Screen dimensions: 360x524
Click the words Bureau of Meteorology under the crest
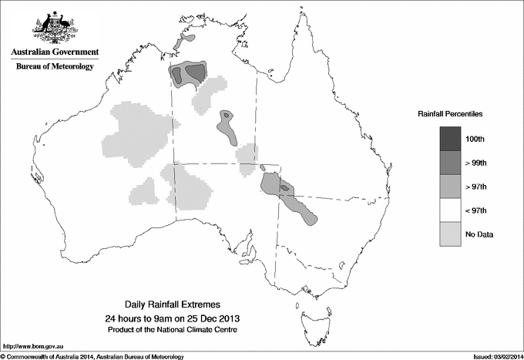(x=55, y=67)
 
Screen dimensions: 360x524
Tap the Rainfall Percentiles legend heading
(x=450, y=113)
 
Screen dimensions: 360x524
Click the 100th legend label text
(x=475, y=139)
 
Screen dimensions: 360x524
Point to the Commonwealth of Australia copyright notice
(x=92, y=355)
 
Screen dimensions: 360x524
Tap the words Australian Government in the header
(x=55, y=52)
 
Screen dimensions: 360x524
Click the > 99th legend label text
(x=475, y=163)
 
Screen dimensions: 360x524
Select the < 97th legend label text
(x=475, y=210)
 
